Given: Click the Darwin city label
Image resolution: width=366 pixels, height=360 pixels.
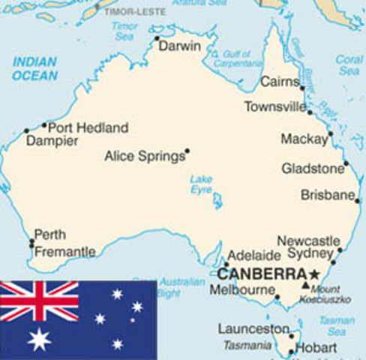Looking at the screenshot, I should coord(181,46).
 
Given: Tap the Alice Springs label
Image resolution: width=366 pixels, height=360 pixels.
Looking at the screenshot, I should coord(145,156).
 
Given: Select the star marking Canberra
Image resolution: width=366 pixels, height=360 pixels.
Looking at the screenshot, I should coord(313,273).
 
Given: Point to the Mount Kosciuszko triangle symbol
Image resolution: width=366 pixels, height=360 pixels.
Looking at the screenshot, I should coord(304,285).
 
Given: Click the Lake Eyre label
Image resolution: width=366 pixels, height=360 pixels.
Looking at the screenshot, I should coord(201,184).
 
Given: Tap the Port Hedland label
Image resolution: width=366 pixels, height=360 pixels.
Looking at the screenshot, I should coord(88,127).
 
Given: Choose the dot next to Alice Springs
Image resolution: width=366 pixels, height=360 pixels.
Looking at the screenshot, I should coord(187,151).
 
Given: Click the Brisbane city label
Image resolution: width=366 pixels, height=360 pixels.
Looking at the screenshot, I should coord(327,195).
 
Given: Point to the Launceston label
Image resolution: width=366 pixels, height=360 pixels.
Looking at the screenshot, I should coord(253,328).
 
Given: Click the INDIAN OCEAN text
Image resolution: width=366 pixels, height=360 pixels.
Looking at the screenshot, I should coord(34,68).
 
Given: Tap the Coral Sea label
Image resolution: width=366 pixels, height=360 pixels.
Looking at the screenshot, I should coord(349,64).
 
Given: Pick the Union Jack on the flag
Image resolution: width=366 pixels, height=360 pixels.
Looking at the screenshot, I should coord(39,301).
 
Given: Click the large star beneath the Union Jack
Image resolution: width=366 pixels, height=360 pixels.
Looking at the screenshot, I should coord(39,339).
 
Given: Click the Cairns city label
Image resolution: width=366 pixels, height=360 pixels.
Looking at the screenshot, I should coord(279,82).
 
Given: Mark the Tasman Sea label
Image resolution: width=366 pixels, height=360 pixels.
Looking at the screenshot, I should coord(337,325).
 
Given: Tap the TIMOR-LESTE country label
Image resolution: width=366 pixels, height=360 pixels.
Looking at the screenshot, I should coord(135,12).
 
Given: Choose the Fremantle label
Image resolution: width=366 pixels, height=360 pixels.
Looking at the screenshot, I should coord(65,252).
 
